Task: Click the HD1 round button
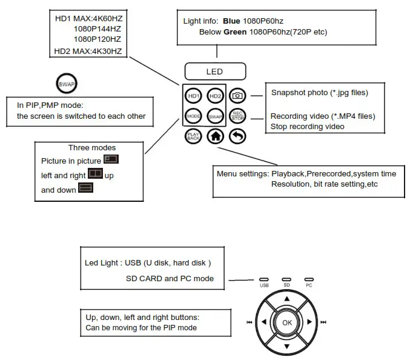pyautogui.click(x=193, y=96)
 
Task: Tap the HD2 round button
pyautogui.click(x=214, y=96)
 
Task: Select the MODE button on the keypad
pyautogui.click(x=193, y=116)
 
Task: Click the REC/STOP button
pyautogui.click(x=238, y=116)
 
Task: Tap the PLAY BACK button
pyautogui.click(x=193, y=136)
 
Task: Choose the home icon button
pyautogui.click(x=215, y=136)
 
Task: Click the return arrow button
pyautogui.click(x=238, y=136)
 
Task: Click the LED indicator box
pyautogui.click(x=214, y=72)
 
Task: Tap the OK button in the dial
pyautogui.click(x=287, y=322)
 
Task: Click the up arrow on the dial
pyautogui.click(x=287, y=299)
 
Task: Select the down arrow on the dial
pyautogui.click(x=287, y=346)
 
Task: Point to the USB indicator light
pyautogui.click(x=264, y=279)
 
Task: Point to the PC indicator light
pyautogui.click(x=309, y=279)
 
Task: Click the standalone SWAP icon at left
pyautogui.click(x=65, y=82)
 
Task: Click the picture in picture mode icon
pyautogui.click(x=111, y=160)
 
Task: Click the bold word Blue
pyautogui.click(x=233, y=21)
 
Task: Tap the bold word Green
pyautogui.click(x=236, y=32)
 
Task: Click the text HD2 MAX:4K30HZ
pyautogui.click(x=88, y=50)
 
